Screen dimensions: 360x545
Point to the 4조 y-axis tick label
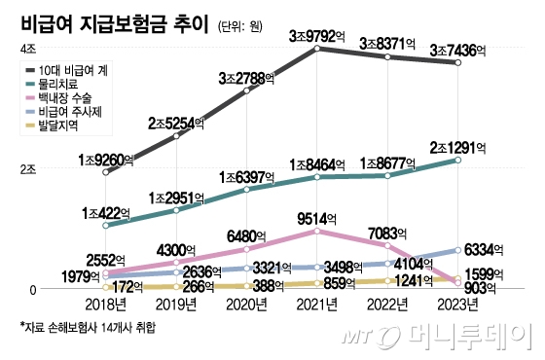coord(27,48)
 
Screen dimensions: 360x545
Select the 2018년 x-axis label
coord(106,306)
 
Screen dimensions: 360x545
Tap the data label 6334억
coord(481,250)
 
